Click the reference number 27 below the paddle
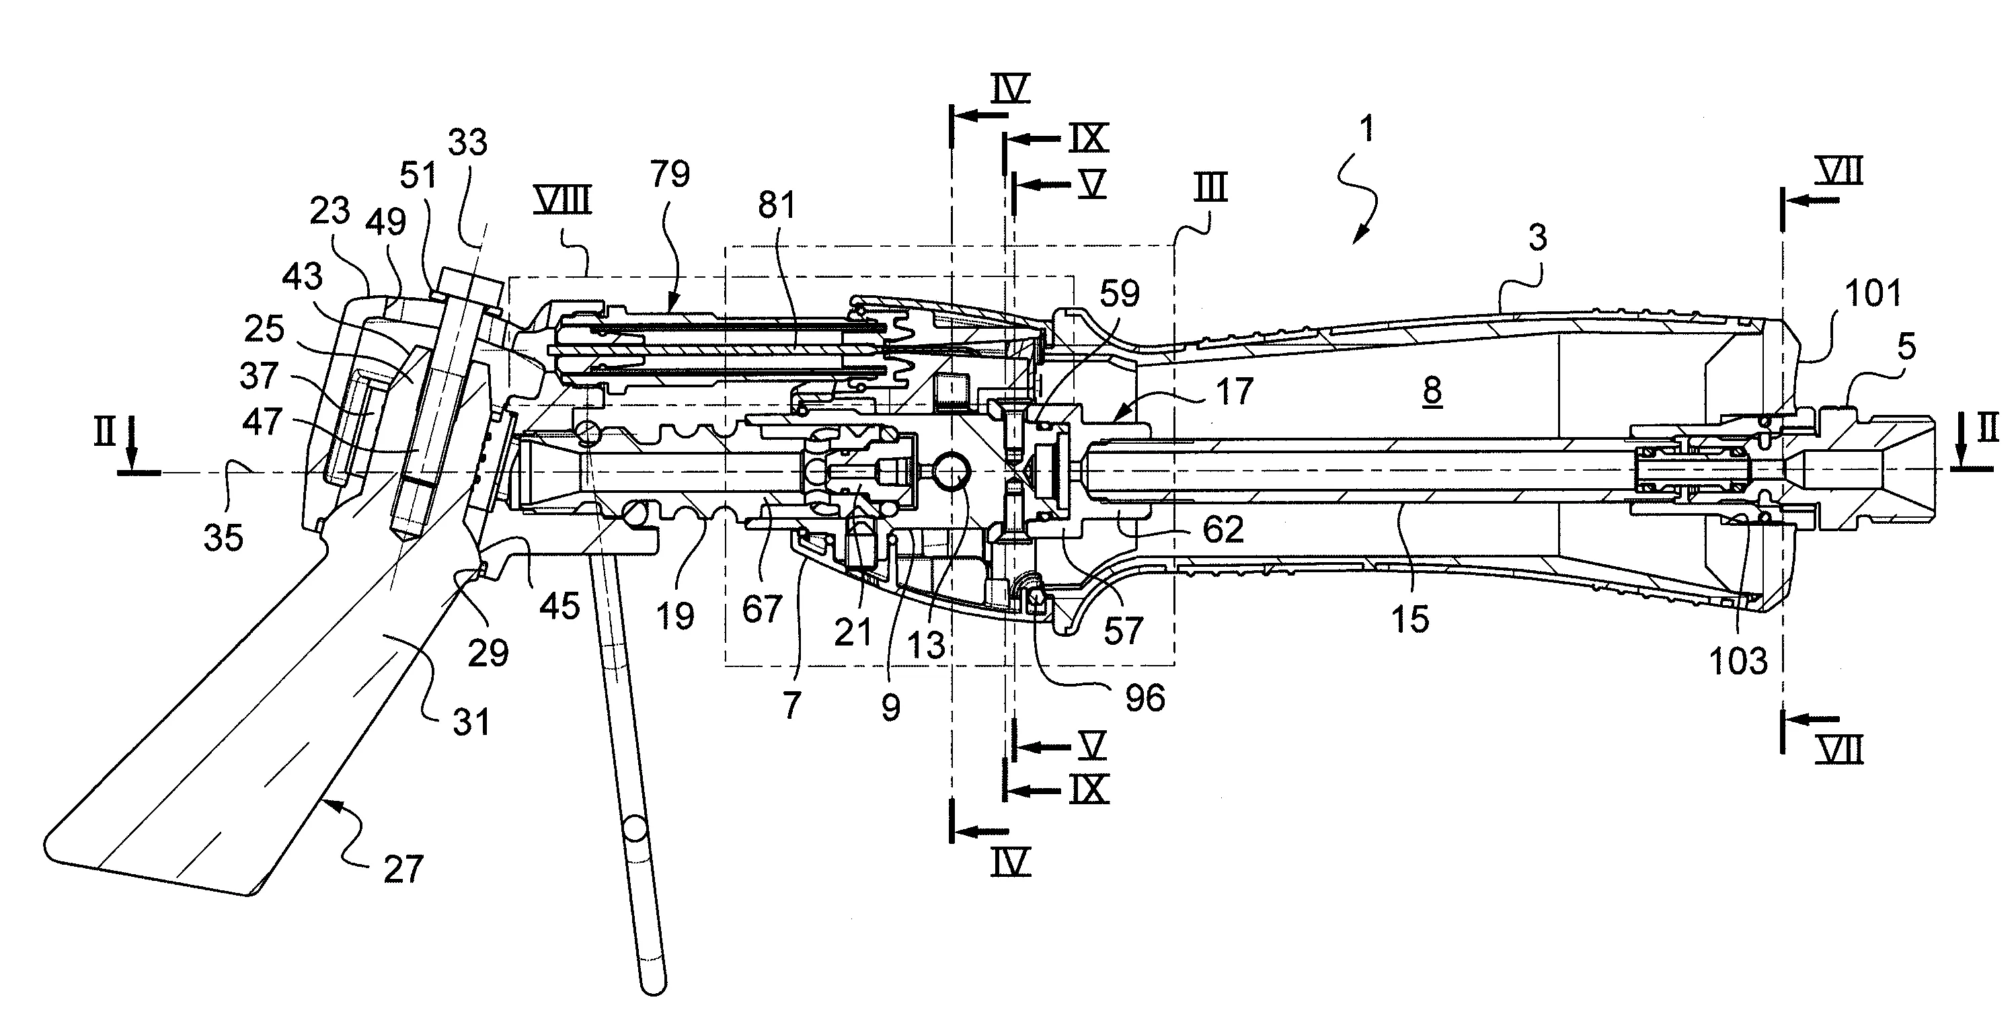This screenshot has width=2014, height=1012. [x=403, y=869]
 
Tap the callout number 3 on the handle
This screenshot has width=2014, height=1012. [x=1538, y=237]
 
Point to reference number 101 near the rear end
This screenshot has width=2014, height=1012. [x=1873, y=293]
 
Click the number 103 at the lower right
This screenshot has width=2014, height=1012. [x=1738, y=662]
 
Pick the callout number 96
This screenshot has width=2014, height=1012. [x=1145, y=697]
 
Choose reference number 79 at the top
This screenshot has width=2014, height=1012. [x=669, y=173]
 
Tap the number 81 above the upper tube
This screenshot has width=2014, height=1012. [x=777, y=205]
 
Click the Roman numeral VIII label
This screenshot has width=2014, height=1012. [x=561, y=200]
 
